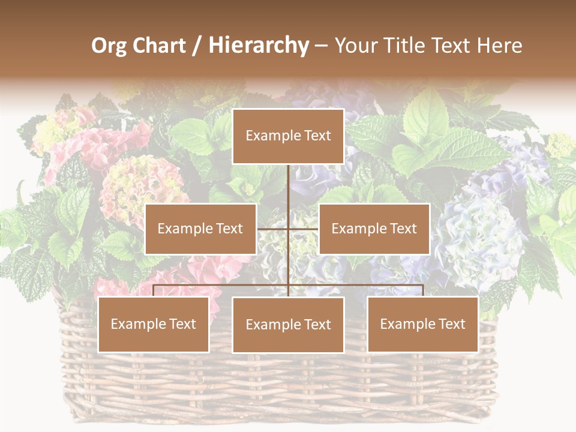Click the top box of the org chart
(x=288, y=136)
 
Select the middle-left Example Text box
(x=200, y=229)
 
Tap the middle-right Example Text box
(x=374, y=229)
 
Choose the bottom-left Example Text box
(x=154, y=325)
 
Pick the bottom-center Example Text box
(x=288, y=325)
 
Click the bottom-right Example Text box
(x=422, y=325)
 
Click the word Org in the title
(x=109, y=46)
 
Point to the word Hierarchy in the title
(x=258, y=46)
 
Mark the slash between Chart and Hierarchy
(x=197, y=46)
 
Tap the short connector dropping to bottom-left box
(x=154, y=290)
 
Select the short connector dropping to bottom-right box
(x=423, y=290)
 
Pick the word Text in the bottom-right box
(x=451, y=325)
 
